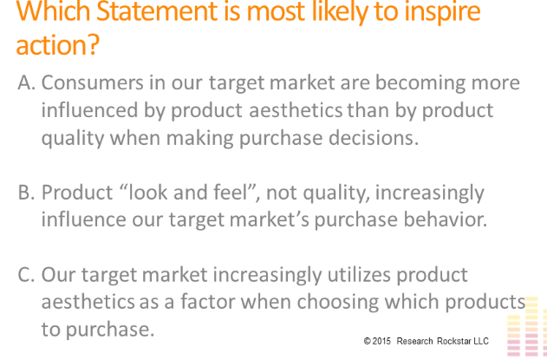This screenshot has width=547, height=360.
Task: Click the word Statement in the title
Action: coord(157,11)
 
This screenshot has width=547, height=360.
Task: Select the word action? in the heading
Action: coord(57,45)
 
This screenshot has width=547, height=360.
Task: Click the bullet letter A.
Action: coord(26,82)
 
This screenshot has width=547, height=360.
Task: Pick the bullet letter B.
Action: coord(26,193)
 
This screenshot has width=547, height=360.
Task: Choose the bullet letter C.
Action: coord(26,274)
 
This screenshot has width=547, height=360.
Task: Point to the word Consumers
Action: coord(93,82)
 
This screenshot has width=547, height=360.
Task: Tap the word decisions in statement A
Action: coord(374,138)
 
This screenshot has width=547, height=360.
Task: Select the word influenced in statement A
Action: coord(89,110)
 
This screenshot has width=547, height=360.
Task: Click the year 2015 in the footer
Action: coord(381,341)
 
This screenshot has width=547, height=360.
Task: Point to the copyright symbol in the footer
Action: coord(368,341)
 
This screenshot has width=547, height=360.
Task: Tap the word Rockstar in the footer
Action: coord(453,341)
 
